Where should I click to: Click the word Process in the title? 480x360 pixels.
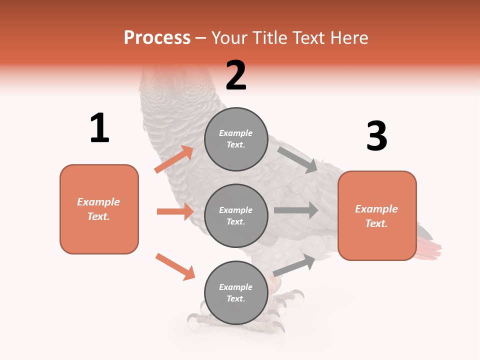pyautogui.click(x=157, y=38)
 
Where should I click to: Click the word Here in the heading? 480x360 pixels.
pyautogui.click(x=349, y=38)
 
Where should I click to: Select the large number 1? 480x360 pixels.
pyautogui.click(x=99, y=127)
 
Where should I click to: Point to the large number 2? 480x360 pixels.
pyautogui.click(x=236, y=75)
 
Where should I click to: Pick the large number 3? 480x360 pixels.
pyautogui.click(x=377, y=135)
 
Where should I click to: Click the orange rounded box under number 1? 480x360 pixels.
pyautogui.click(x=99, y=209)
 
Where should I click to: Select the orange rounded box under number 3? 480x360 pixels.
pyautogui.click(x=377, y=216)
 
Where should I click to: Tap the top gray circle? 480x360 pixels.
pyautogui.click(x=236, y=139)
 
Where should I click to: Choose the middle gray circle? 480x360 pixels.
pyautogui.click(x=236, y=216)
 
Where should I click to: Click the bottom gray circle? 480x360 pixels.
pyautogui.click(x=236, y=292)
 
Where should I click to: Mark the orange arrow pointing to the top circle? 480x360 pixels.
pyautogui.click(x=174, y=159)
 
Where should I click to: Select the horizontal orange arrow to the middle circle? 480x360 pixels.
pyautogui.click(x=175, y=211)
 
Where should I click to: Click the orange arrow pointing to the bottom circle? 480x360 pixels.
pyautogui.click(x=175, y=267)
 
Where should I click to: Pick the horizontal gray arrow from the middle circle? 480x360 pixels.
pyautogui.click(x=296, y=210)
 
